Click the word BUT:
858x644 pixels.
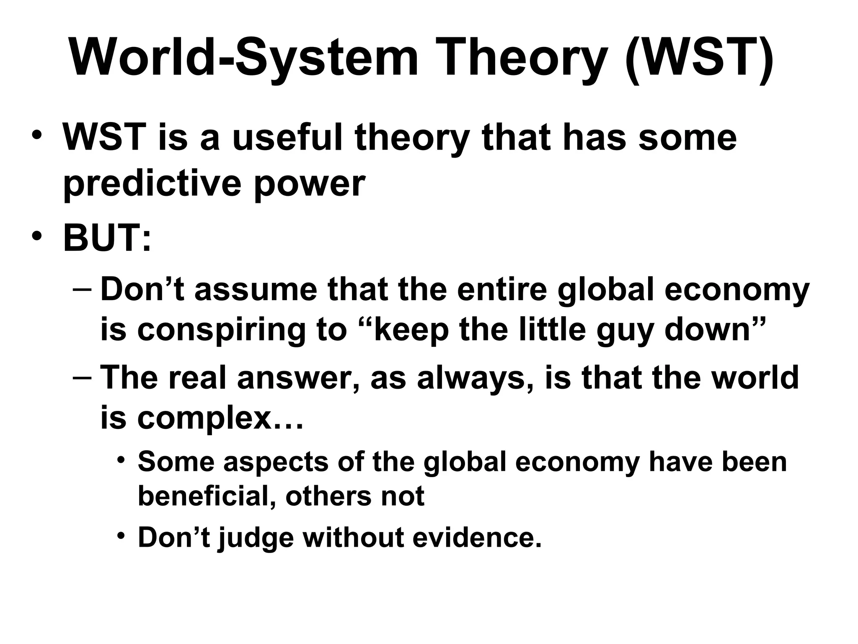tap(107, 238)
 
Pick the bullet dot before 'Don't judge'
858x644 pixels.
tap(121, 536)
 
